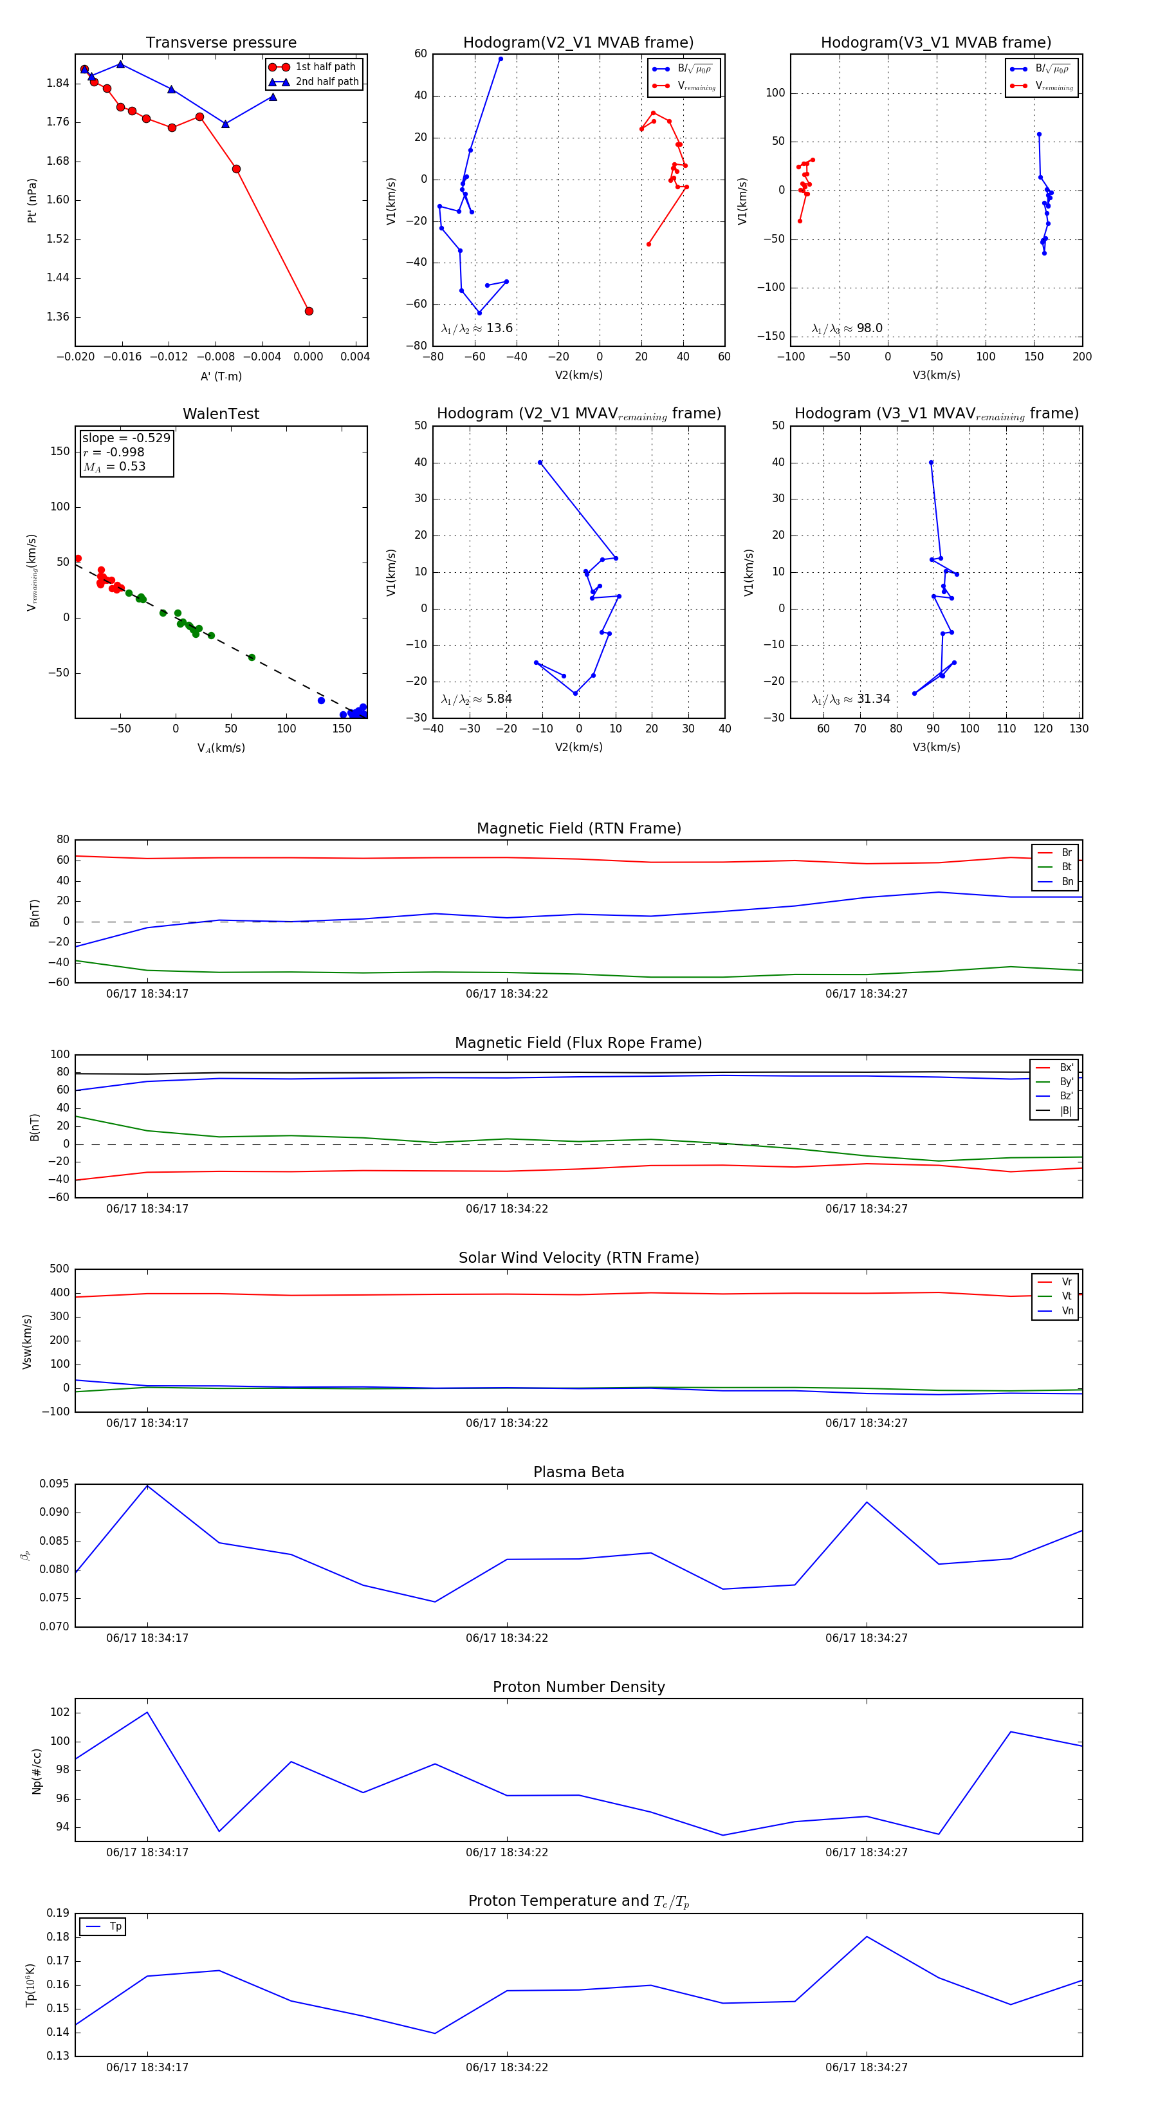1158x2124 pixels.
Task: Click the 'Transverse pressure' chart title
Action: [221, 43]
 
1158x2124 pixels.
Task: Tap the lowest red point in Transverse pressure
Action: [309, 311]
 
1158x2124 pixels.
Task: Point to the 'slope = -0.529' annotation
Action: [126, 438]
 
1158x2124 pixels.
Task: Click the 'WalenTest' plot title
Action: [221, 414]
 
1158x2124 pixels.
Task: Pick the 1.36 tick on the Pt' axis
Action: [58, 317]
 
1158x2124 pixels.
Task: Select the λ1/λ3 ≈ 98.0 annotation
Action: [847, 328]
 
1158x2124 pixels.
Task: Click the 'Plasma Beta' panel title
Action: [578, 1473]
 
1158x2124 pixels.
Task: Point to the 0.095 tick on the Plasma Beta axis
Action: [55, 1484]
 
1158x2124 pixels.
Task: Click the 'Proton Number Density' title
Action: [578, 1687]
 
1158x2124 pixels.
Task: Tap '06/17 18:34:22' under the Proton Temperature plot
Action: [507, 2067]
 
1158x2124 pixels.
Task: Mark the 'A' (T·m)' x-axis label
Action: [221, 376]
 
